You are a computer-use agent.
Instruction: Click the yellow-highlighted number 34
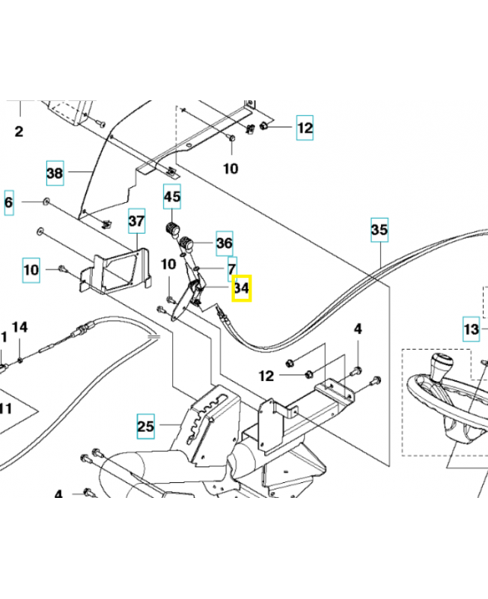tap(241, 288)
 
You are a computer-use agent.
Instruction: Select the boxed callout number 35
tap(379, 231)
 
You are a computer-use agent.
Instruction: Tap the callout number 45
tap(172, 198)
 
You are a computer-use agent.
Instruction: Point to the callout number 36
tap(224, 243)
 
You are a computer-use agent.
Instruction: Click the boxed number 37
tap(136, 221)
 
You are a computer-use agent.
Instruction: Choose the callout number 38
tap(55, 174)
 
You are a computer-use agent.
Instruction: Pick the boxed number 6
tap(9, 202)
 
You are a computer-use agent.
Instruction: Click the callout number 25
tap(145, 428)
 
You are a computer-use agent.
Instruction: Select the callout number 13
tap(470, 329)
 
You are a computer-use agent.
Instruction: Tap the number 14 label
tap(19, 326)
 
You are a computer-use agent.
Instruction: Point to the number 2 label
tap(19, 132)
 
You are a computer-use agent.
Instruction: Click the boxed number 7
tap(231, 267)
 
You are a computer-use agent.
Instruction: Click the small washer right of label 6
tap(47, 201)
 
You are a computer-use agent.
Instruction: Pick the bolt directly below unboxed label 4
tap(357, 370)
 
